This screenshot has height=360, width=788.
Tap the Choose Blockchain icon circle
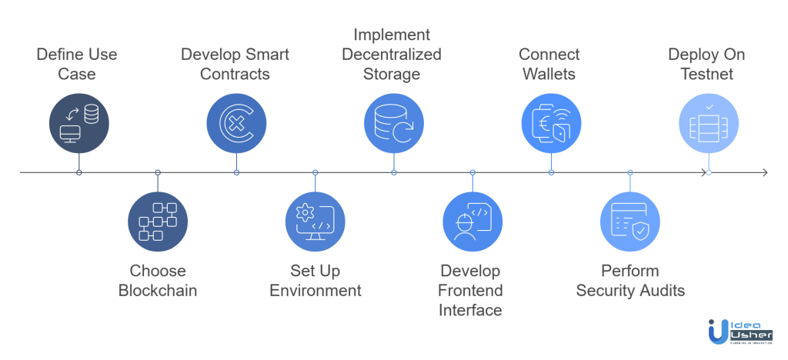158,222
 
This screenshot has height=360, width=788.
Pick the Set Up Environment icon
315,222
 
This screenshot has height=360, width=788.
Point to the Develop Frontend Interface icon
472,222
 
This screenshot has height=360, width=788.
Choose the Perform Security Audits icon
629,222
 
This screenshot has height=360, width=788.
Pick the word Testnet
707,75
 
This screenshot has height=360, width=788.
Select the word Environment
316,290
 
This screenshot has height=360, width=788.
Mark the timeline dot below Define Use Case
78,172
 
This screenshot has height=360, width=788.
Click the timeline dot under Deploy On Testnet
708,172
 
